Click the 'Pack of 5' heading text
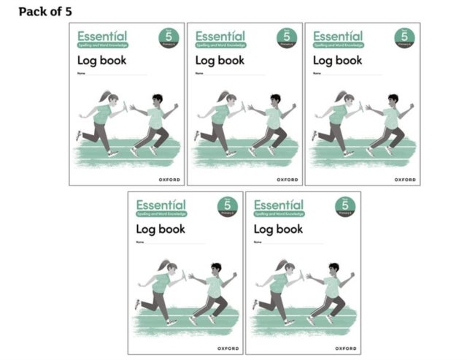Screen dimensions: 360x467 click(45, 12)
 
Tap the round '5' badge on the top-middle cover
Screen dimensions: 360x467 click(286, 37)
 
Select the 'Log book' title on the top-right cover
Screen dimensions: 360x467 click(338, 60)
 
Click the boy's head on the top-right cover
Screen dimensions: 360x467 click(393, 99)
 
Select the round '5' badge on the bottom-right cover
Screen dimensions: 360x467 click(345, 206)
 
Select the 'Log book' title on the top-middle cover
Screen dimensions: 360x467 click(220, 60)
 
